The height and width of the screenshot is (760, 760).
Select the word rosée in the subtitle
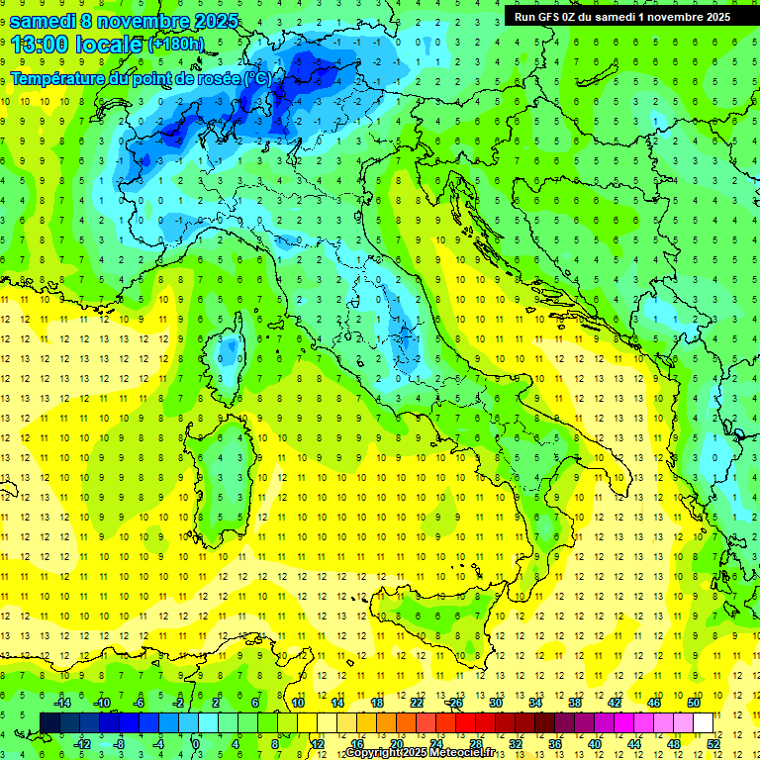219,78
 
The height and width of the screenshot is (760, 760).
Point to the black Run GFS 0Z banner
621,16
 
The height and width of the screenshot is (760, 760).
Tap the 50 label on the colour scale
694,703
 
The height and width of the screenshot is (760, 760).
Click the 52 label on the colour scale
713,744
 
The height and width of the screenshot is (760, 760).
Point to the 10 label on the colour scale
298,703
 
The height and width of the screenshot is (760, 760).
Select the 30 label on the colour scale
496,703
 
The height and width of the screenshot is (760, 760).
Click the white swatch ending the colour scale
704,722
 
